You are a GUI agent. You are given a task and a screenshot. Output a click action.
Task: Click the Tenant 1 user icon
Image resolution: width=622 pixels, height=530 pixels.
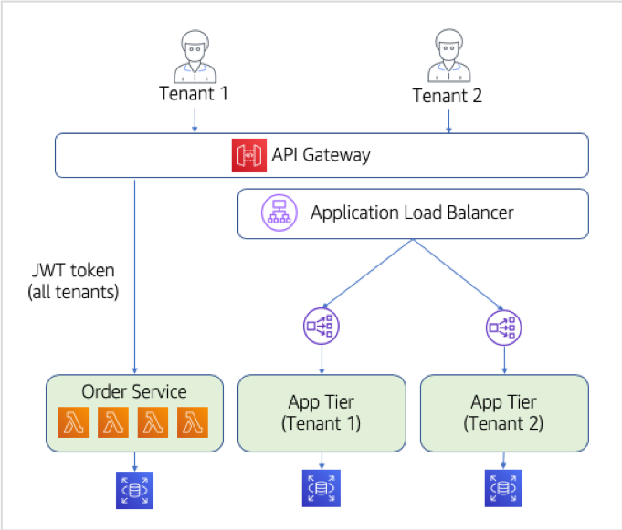coord(195,57)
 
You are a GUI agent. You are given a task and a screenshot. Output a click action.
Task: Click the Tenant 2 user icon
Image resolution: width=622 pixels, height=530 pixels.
coord(449,56)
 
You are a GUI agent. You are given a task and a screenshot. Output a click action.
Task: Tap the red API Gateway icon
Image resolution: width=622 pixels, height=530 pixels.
coord(249,155)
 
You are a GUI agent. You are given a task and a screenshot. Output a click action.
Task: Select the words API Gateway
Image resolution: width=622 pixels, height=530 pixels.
coord(321,155)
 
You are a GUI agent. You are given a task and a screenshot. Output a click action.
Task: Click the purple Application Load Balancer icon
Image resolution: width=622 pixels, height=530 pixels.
coord(279,213)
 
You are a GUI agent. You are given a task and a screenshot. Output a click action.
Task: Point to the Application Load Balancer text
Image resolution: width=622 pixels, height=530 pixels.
coord(412,213)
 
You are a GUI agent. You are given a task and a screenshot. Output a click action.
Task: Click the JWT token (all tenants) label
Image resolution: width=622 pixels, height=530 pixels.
coord(73,281)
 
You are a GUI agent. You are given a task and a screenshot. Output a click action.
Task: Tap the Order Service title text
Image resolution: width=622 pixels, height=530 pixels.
coord(134,391)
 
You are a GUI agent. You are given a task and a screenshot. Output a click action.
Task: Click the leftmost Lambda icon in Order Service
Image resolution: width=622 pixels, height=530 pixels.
coord(73,422)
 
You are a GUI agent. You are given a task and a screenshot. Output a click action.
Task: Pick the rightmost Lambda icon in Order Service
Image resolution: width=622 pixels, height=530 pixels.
coord(193,422)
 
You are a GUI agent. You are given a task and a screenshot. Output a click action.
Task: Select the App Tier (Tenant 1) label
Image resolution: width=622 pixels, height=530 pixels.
coord(322,412)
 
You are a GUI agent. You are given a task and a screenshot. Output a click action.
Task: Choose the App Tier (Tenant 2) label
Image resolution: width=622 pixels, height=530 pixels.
coord(504,412)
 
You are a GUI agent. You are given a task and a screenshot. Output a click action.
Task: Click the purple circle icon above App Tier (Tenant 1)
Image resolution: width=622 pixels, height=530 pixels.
coord(322,326)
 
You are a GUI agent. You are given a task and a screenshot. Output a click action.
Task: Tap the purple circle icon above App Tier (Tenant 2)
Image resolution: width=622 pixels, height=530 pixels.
coord(504,327)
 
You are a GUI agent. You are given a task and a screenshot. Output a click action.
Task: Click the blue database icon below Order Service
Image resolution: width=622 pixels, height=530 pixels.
coord(134,490)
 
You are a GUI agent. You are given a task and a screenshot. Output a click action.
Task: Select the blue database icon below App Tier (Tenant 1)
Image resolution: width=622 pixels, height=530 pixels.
coord(322,488)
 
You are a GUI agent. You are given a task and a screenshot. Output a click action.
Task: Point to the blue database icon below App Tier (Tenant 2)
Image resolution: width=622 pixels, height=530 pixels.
coord(503,488)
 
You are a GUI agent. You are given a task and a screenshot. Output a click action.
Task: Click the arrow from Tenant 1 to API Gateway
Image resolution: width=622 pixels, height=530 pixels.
coord(195,120)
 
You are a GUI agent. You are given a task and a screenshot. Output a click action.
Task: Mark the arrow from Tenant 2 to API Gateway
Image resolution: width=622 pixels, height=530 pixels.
coord(448,121)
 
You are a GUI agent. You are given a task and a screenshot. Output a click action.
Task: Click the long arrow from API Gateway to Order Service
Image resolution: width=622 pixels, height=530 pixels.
coord(134,276)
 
